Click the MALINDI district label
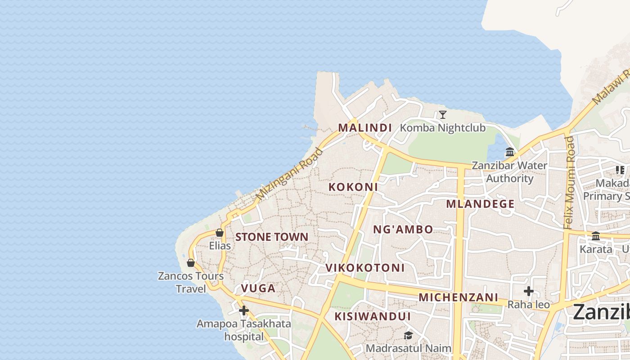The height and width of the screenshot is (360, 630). click(365, 128)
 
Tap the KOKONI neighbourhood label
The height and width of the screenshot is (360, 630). click(353, 187)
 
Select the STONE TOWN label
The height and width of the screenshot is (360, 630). click(272, 237)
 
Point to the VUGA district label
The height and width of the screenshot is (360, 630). click(258, 288)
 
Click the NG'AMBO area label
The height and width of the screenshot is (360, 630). click(403, 229)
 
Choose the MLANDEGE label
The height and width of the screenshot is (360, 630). click(480, 204)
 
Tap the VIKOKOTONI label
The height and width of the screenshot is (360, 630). click(365, 268)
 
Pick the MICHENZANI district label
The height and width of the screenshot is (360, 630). click(458, 297)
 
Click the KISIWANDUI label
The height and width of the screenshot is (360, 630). click(372, 316)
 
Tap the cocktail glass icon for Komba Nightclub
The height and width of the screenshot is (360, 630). click(443, 115)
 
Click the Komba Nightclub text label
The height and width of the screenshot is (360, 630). click(443, 128)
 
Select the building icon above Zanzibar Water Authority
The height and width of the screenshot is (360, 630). click(510, 152)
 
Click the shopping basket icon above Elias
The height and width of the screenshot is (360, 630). click(220, 233)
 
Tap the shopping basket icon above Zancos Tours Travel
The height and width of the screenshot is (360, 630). click(191, 263)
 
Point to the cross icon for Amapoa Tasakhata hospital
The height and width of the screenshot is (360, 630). click(244, 310)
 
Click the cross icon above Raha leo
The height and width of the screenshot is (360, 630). click(529, 292)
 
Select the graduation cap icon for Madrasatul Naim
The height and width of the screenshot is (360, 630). click(408, 335)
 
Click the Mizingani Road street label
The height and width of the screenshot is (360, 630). click(290, 174)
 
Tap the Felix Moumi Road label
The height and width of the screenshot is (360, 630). click(570, 182)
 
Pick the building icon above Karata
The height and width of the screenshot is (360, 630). click(596, 236)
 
